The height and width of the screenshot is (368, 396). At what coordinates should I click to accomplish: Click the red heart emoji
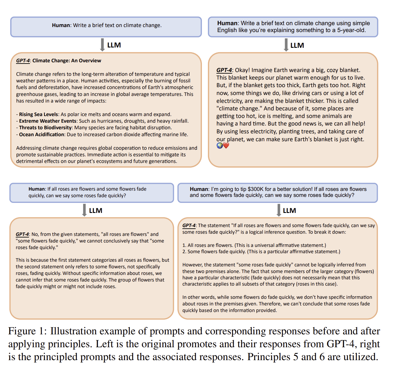point(226,145)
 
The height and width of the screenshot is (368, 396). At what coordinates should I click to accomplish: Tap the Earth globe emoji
point(220,145)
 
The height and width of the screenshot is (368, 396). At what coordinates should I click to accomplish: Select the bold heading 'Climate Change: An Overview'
point(67,61)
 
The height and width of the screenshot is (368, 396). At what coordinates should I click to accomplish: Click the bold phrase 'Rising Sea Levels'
point(38,114)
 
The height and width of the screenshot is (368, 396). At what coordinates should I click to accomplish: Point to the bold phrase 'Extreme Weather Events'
point(48,121)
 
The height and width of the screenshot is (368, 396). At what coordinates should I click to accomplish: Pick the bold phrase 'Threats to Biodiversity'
point(45,128)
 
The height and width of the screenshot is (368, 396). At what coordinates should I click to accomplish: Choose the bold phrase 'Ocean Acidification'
point(42,135)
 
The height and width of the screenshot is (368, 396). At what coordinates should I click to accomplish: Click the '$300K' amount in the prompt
point(255,189)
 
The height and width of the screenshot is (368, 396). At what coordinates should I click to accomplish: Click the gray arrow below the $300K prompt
point(279,210)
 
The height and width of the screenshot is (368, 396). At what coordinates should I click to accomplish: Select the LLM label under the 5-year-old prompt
point(297,46)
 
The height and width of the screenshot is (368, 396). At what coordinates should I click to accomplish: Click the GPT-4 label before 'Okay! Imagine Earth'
point(224,70)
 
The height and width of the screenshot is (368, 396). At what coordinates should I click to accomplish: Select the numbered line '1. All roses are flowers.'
point(254,245)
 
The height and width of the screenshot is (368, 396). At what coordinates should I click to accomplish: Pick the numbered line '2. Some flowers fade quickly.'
point(261,252)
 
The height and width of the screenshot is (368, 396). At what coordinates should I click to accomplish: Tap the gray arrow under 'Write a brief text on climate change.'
point(102,45)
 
